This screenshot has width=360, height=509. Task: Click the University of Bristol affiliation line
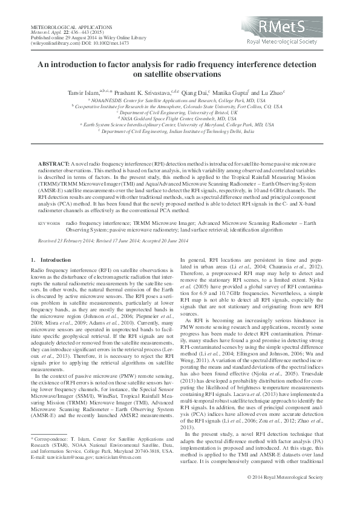coord(180,112)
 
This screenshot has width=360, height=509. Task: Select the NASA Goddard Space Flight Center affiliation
coord(180,119)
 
